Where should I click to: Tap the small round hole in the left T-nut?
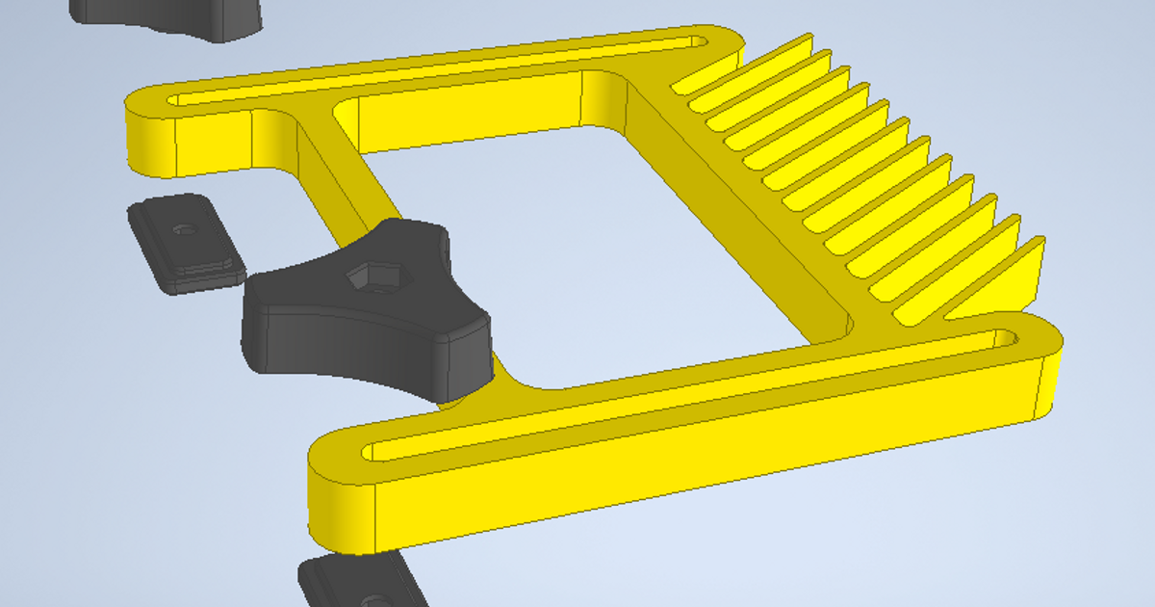(185, 230)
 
